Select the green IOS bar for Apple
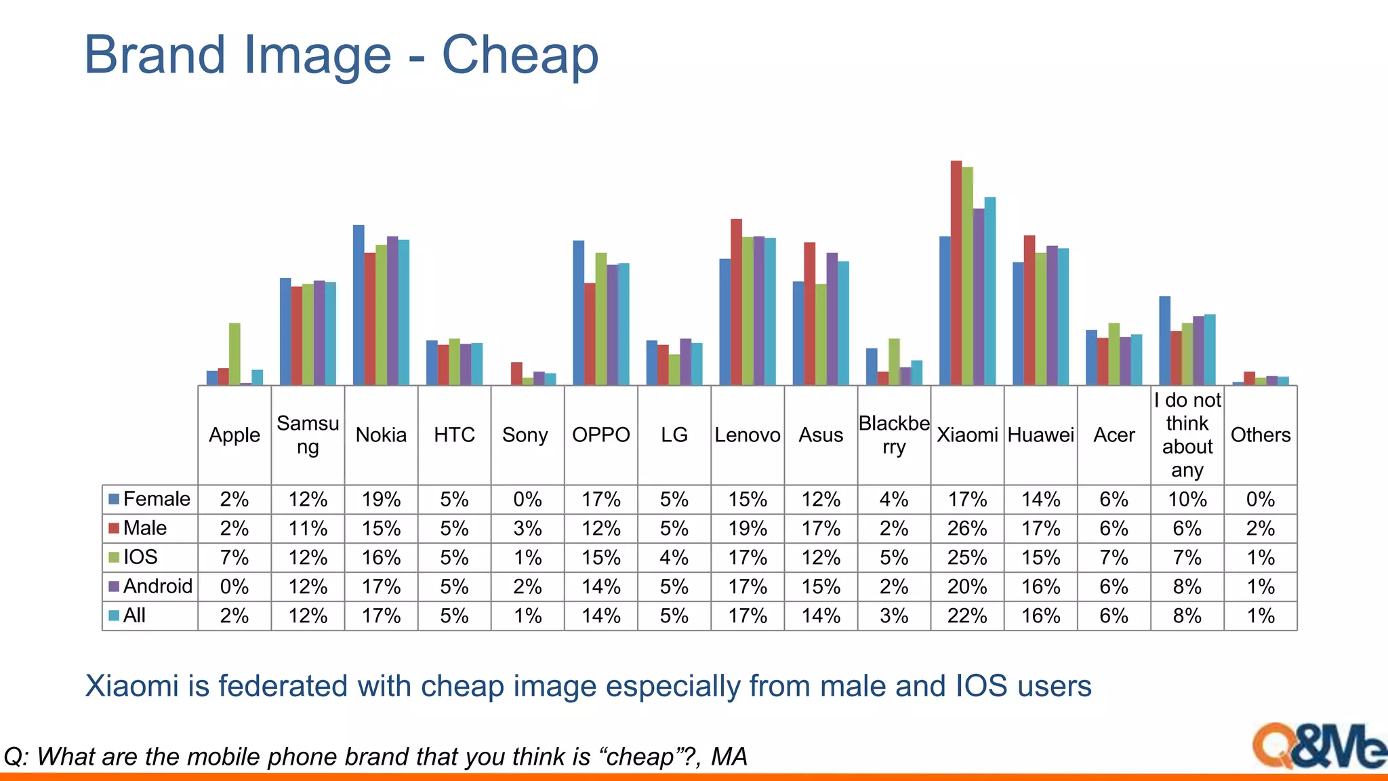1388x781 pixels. click(234, 354)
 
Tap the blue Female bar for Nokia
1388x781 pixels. click(359, 305)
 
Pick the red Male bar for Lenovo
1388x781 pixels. click(736, 302)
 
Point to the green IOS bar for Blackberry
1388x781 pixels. click(894, 361)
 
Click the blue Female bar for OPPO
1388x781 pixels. click(579, 313)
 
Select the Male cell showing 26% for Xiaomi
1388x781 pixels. click(967, 528)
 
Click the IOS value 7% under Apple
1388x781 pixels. click(234, 557)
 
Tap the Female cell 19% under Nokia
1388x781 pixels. click(381, 500)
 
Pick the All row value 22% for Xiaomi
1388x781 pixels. click(967, 616)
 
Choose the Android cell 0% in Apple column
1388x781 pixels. click(234, 586)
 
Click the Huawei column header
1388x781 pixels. click(1040, 435)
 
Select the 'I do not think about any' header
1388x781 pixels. click(1187, 435)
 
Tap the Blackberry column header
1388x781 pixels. click(894, 435)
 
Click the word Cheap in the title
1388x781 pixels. click(520, 54)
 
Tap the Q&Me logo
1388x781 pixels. click(1318, 746)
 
